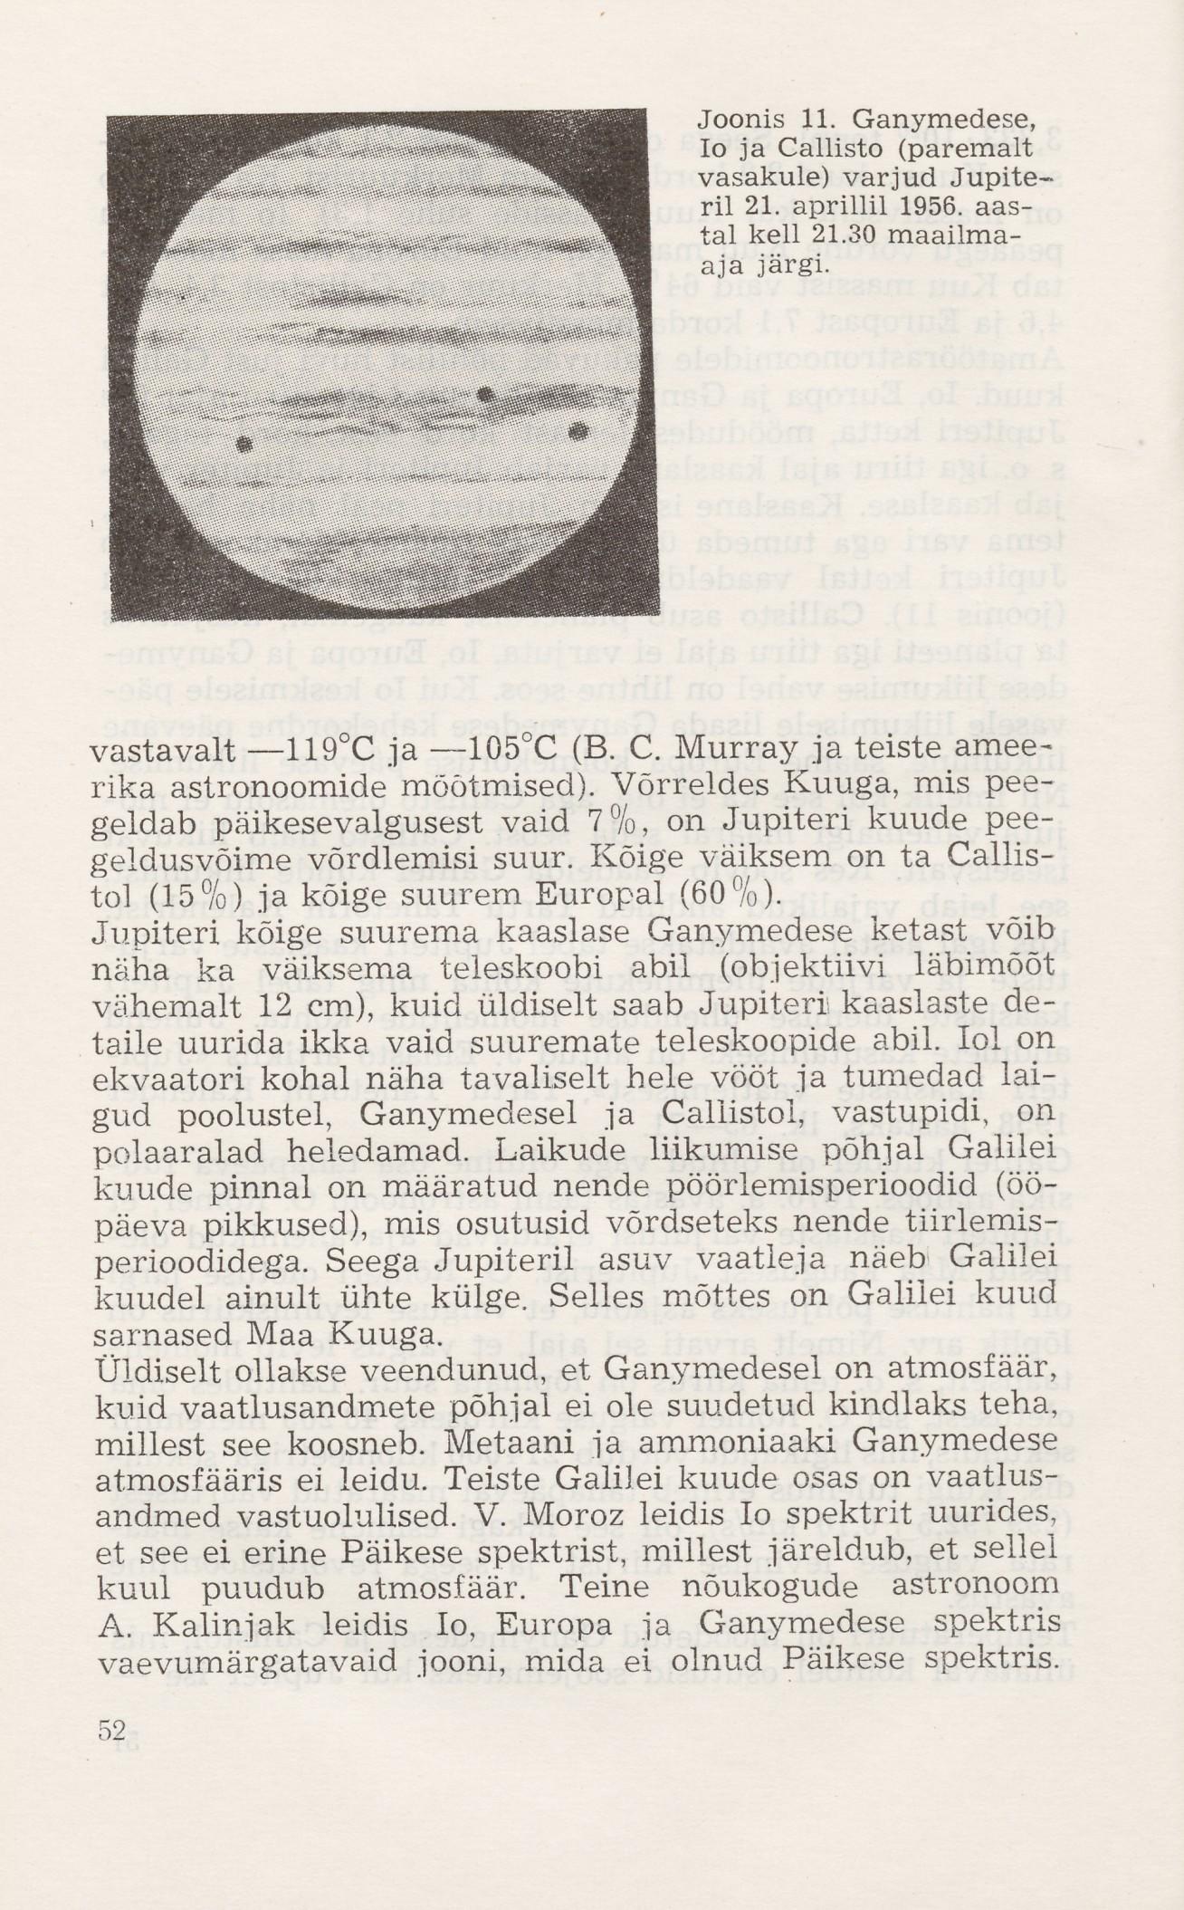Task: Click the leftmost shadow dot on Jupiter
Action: click(x=243, y=444)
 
